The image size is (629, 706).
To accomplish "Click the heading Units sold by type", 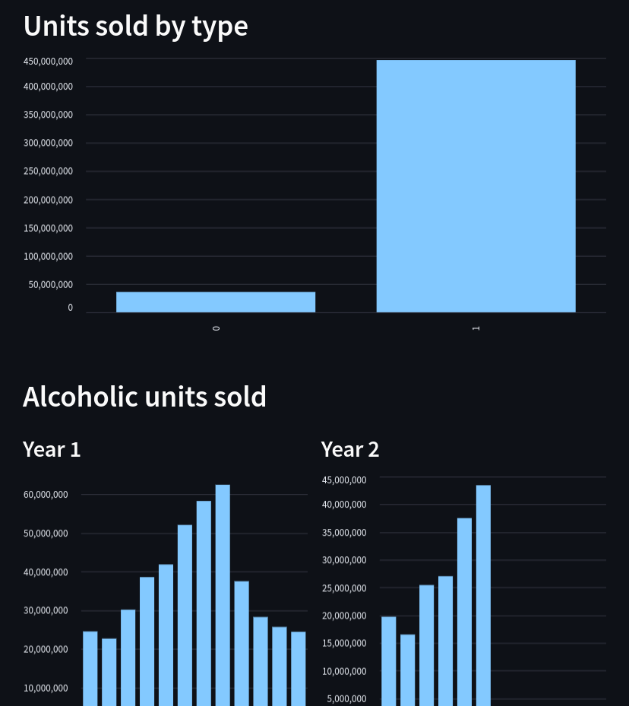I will [x=135, y=26].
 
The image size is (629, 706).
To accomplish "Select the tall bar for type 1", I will [x=476, y=186].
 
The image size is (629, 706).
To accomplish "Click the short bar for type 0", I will [x=216, y=302].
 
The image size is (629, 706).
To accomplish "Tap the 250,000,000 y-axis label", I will [x=48, y=171].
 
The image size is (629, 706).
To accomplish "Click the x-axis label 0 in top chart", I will [x=217, y=328].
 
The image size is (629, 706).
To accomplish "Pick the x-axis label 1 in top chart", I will [x=476, y=328].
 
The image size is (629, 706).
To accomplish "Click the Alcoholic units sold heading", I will [x=144, y=397].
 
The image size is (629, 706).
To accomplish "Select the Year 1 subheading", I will [x=52, y=449].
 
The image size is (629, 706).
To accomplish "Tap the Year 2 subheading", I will [x=350, y=449].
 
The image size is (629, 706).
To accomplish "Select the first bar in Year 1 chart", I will [x=90, y=668].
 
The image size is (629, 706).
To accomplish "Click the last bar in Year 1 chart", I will [x=298, y=668].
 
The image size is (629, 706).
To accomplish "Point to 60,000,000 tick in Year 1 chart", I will [x=46, y=495].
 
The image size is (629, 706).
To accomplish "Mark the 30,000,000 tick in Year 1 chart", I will [x=46, y=610].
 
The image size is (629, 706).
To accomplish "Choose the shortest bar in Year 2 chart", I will [x=408, y=670].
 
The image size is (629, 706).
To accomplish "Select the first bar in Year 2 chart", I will [x=389, y=660].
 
